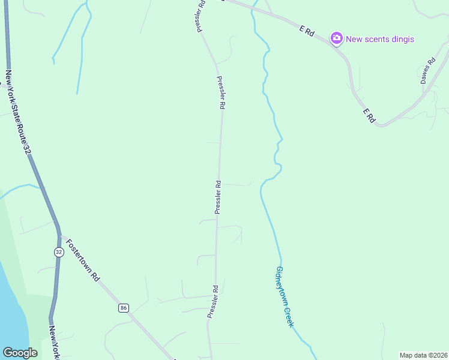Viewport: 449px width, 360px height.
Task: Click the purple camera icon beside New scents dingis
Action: [x=337, y=39]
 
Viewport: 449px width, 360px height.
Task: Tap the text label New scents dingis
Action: [x=380, y=39]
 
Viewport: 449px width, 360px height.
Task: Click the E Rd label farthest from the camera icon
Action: [x=369, y=116]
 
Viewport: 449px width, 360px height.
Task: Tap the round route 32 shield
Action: [x=58, y=252]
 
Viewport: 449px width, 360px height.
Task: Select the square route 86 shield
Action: [x=123, y=308]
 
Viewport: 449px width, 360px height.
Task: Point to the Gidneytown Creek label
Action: [x=284, y=296]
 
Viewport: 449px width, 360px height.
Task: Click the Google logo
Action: [x=20, y=353]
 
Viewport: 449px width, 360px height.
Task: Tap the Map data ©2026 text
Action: [x=423, y=355]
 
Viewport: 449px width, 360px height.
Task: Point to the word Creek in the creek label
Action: [x=289, y=316]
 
